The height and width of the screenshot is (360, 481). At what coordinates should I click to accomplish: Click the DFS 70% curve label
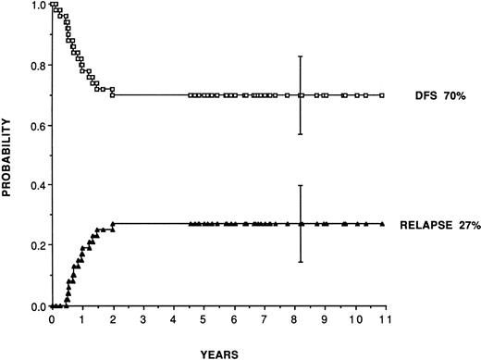pyautogui.click(x=430, y=95)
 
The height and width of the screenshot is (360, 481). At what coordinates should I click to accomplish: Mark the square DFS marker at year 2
pyautogui.click(x=112, y=94)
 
